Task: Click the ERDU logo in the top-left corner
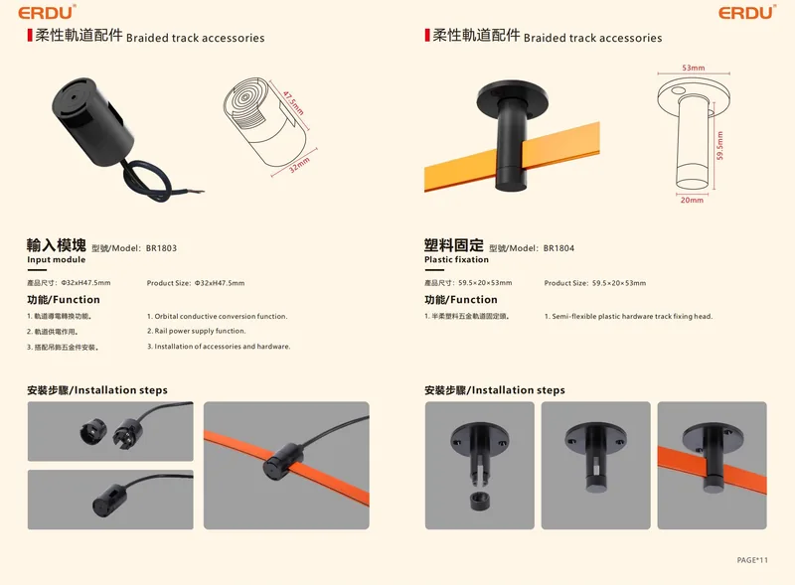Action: [x=47, y=12]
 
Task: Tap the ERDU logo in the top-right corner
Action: [x=747, y=12]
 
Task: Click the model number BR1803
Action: [x=161, y=248]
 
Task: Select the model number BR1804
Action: [x=558, y=248]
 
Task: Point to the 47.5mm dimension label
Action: [x=293, y=103]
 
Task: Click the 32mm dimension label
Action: [x=299, y=165]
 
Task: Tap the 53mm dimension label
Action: [x=693, y=68]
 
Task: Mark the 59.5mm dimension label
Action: [x=719, y=145]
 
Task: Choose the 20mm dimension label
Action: [x=692, y=201]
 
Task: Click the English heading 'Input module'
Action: [x=57, y=259]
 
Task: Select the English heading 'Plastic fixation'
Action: [x=456, y=259]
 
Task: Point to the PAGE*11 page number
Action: [x=752, y=560]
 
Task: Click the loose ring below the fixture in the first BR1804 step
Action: [x=480, y=501]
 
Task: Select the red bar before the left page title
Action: [x=30, y=36]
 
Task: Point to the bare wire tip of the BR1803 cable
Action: [x=202, y=191]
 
